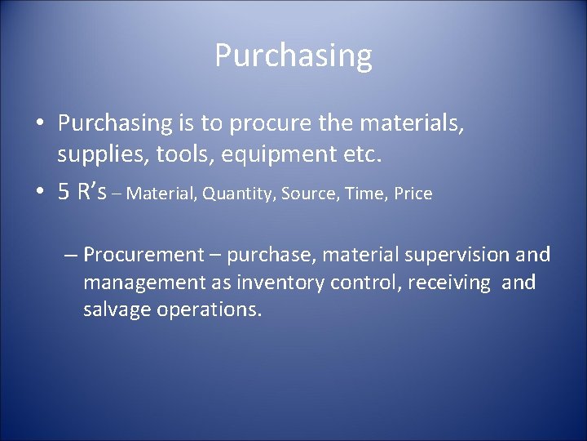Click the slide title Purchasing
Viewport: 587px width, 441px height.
[x=293, y=56]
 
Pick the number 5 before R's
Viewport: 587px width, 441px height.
[x=64, y=193]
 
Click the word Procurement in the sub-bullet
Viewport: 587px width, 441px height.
[x=144, y=256]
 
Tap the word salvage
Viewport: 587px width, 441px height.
[x=117, y=311]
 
